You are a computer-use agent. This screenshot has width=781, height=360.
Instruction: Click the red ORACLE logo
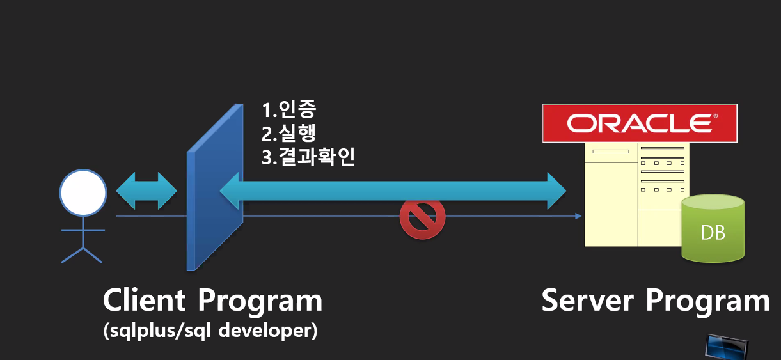click(x=639, y=123)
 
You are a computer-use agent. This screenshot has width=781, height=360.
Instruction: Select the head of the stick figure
click(x=83, y=192)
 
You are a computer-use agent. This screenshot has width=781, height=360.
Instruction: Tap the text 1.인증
click(x=288, y=110)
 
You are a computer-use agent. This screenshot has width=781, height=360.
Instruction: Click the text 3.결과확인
click(x=308, y=157)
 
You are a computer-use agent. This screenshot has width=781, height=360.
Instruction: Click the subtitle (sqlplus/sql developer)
click(x=210, y=332)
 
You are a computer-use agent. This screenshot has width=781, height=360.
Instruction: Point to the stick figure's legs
click(x=82, y=253)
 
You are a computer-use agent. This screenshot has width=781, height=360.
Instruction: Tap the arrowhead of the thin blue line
click(x=578, y=216)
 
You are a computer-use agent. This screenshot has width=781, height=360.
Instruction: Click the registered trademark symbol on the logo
click(x=715, y=116)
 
